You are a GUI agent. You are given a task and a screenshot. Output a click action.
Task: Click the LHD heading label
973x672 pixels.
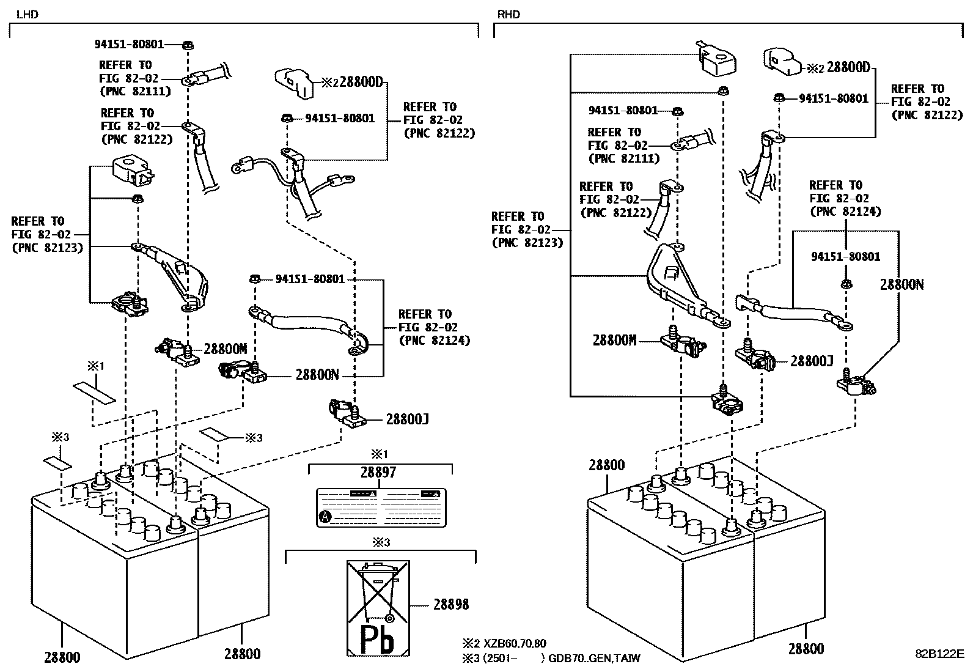[27, 14]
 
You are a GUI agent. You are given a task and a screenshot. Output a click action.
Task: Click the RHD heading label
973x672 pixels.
[509, 14]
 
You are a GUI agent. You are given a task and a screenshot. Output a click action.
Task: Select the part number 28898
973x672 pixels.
[451, 605]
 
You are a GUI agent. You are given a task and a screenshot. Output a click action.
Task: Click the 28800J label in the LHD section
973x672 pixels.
[407, 419]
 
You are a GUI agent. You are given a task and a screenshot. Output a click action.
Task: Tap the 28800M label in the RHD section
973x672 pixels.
[614, 341]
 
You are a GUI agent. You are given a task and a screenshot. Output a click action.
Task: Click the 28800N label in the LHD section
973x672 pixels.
[317, 375]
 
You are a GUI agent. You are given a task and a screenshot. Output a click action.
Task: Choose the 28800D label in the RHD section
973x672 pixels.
[848, 67]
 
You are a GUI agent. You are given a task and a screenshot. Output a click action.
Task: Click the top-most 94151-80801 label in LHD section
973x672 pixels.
[129, 44]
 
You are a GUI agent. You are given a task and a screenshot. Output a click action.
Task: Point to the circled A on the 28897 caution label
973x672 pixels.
[326, 517]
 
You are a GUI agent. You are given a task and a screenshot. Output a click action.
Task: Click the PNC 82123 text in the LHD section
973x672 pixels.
[46, 248]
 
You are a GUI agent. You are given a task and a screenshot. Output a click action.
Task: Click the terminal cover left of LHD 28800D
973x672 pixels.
[293, 83]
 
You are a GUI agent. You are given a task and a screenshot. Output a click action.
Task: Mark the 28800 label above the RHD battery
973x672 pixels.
[607, 465]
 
